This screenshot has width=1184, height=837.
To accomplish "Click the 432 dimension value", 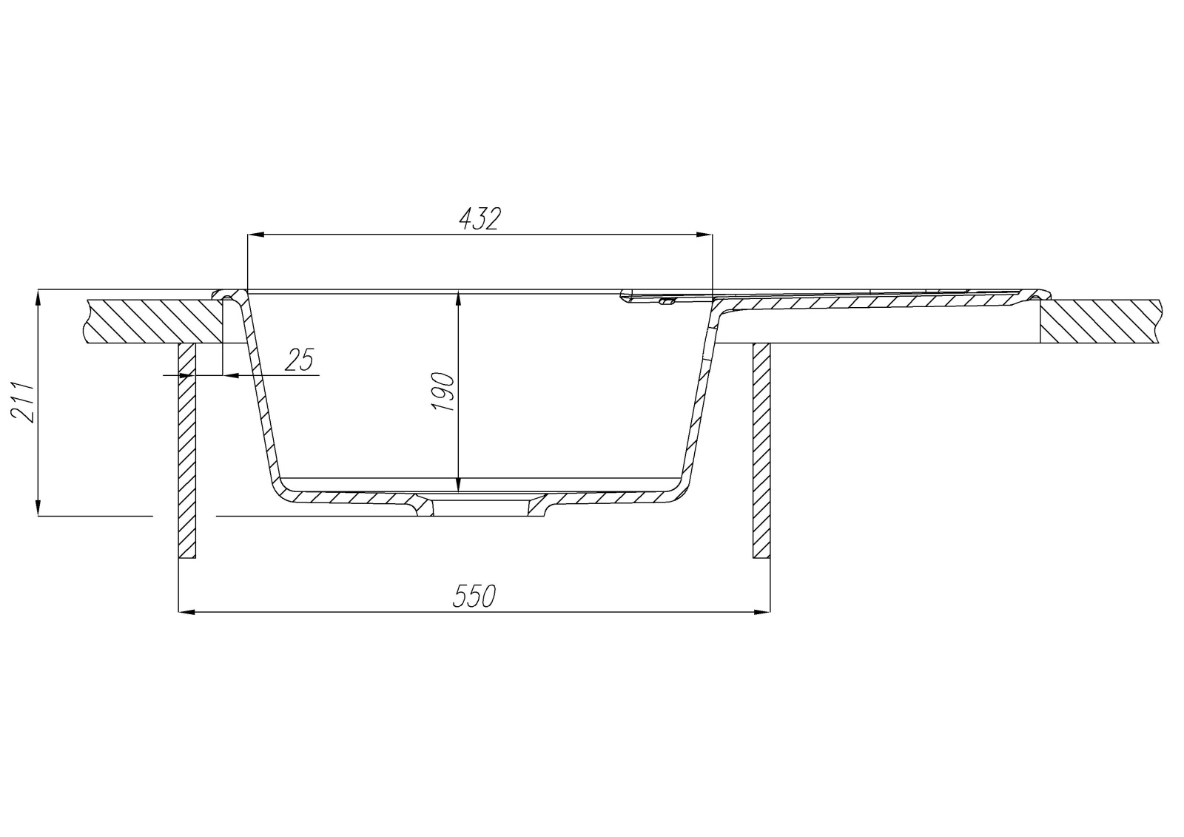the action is [x=480, y=219].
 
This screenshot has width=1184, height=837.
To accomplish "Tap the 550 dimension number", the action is [x=474, y=596].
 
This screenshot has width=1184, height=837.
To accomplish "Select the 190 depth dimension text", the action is [x=443, y=391].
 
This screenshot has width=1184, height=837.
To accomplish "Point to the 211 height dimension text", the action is [x=23, y=402].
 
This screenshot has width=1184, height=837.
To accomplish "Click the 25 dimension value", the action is [x=299, y=360].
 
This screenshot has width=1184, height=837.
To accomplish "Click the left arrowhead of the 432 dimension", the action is [x=256, y=235].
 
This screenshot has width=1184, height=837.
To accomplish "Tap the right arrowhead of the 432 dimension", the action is [x=704, y=235].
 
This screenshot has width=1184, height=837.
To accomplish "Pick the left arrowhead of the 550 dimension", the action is [x=188, y=612].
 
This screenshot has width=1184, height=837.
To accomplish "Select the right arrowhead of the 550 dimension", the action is [x=761, y=612].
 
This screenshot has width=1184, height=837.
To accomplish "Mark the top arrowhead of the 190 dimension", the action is [x=458, y=298].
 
